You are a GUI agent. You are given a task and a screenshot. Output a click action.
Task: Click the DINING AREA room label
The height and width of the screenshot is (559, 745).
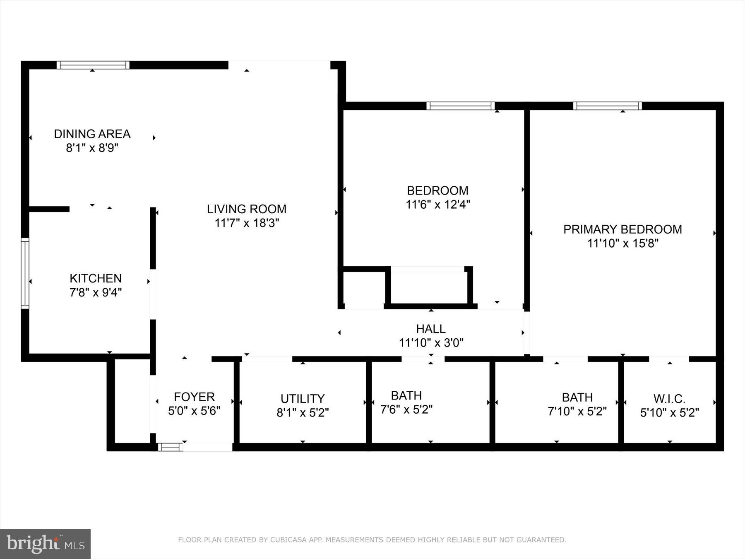tap(92, 134)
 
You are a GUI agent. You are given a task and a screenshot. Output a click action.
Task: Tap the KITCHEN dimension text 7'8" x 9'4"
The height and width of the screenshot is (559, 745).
tap(95, 292)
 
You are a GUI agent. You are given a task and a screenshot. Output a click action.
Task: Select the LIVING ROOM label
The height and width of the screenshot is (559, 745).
tap(246, 209)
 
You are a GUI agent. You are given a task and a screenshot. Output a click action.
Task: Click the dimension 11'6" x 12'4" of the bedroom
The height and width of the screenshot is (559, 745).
tap(437, 204)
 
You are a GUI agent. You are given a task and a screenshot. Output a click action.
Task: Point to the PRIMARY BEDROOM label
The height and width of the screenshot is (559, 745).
tap(622, 229)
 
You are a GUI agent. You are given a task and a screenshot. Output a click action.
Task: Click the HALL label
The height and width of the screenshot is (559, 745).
tap(430, 329)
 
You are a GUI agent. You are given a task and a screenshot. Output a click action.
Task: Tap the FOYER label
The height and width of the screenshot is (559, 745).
tap(194, 397)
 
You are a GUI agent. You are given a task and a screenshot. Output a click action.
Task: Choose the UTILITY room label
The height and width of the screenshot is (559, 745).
tap(302, 399)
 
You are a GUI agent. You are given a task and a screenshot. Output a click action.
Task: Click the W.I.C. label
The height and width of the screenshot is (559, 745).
tap(669, 399)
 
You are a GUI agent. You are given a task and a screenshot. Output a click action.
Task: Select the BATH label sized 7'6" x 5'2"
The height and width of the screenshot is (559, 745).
tap(406, 395)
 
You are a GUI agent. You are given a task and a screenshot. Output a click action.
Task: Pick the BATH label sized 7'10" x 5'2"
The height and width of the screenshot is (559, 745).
tap(577, 398)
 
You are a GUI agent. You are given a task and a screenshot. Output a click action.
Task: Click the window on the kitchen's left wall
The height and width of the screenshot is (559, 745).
tap(25, 273)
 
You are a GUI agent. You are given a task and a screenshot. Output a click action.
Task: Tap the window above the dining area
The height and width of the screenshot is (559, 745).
tap(93, 65)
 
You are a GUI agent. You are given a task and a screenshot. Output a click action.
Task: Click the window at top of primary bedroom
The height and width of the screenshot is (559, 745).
tap(607, 106)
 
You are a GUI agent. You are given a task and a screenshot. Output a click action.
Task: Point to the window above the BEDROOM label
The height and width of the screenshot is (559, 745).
tap(460, 106)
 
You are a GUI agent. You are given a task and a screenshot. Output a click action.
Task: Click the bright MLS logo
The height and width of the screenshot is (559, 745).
tap(45, 544)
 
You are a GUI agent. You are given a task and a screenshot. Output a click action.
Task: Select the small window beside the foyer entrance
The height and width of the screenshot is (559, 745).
tap(170, 447)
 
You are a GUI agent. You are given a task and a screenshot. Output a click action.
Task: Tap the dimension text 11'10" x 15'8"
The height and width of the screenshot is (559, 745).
tap(622, 243)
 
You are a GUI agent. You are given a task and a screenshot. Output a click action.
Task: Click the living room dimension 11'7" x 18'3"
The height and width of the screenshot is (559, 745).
tap(246, 223)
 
